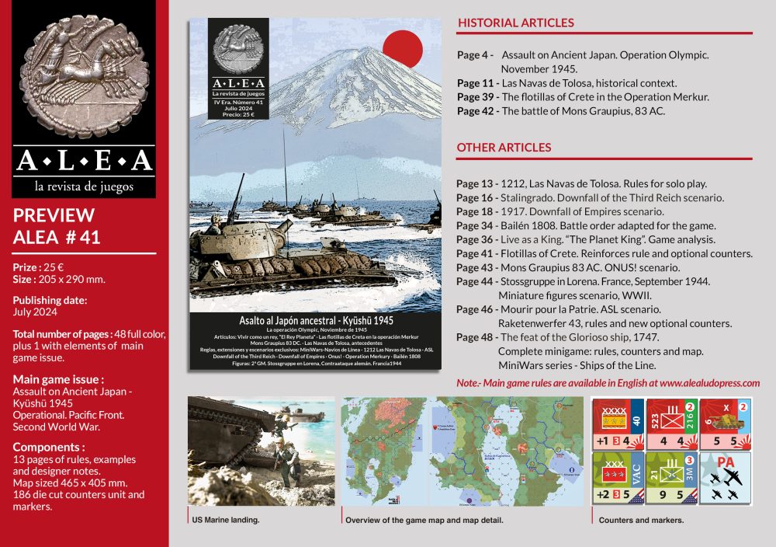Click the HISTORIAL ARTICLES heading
515,23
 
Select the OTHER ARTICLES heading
504,147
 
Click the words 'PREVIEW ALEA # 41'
56,226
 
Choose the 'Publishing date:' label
50,300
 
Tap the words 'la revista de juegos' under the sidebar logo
84,186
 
